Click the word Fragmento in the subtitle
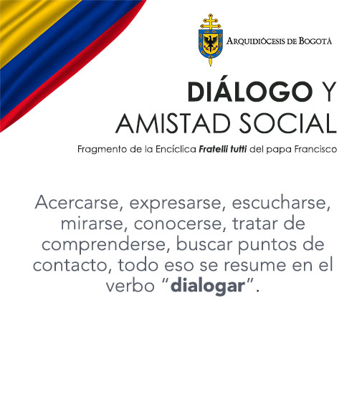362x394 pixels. (101, 149)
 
